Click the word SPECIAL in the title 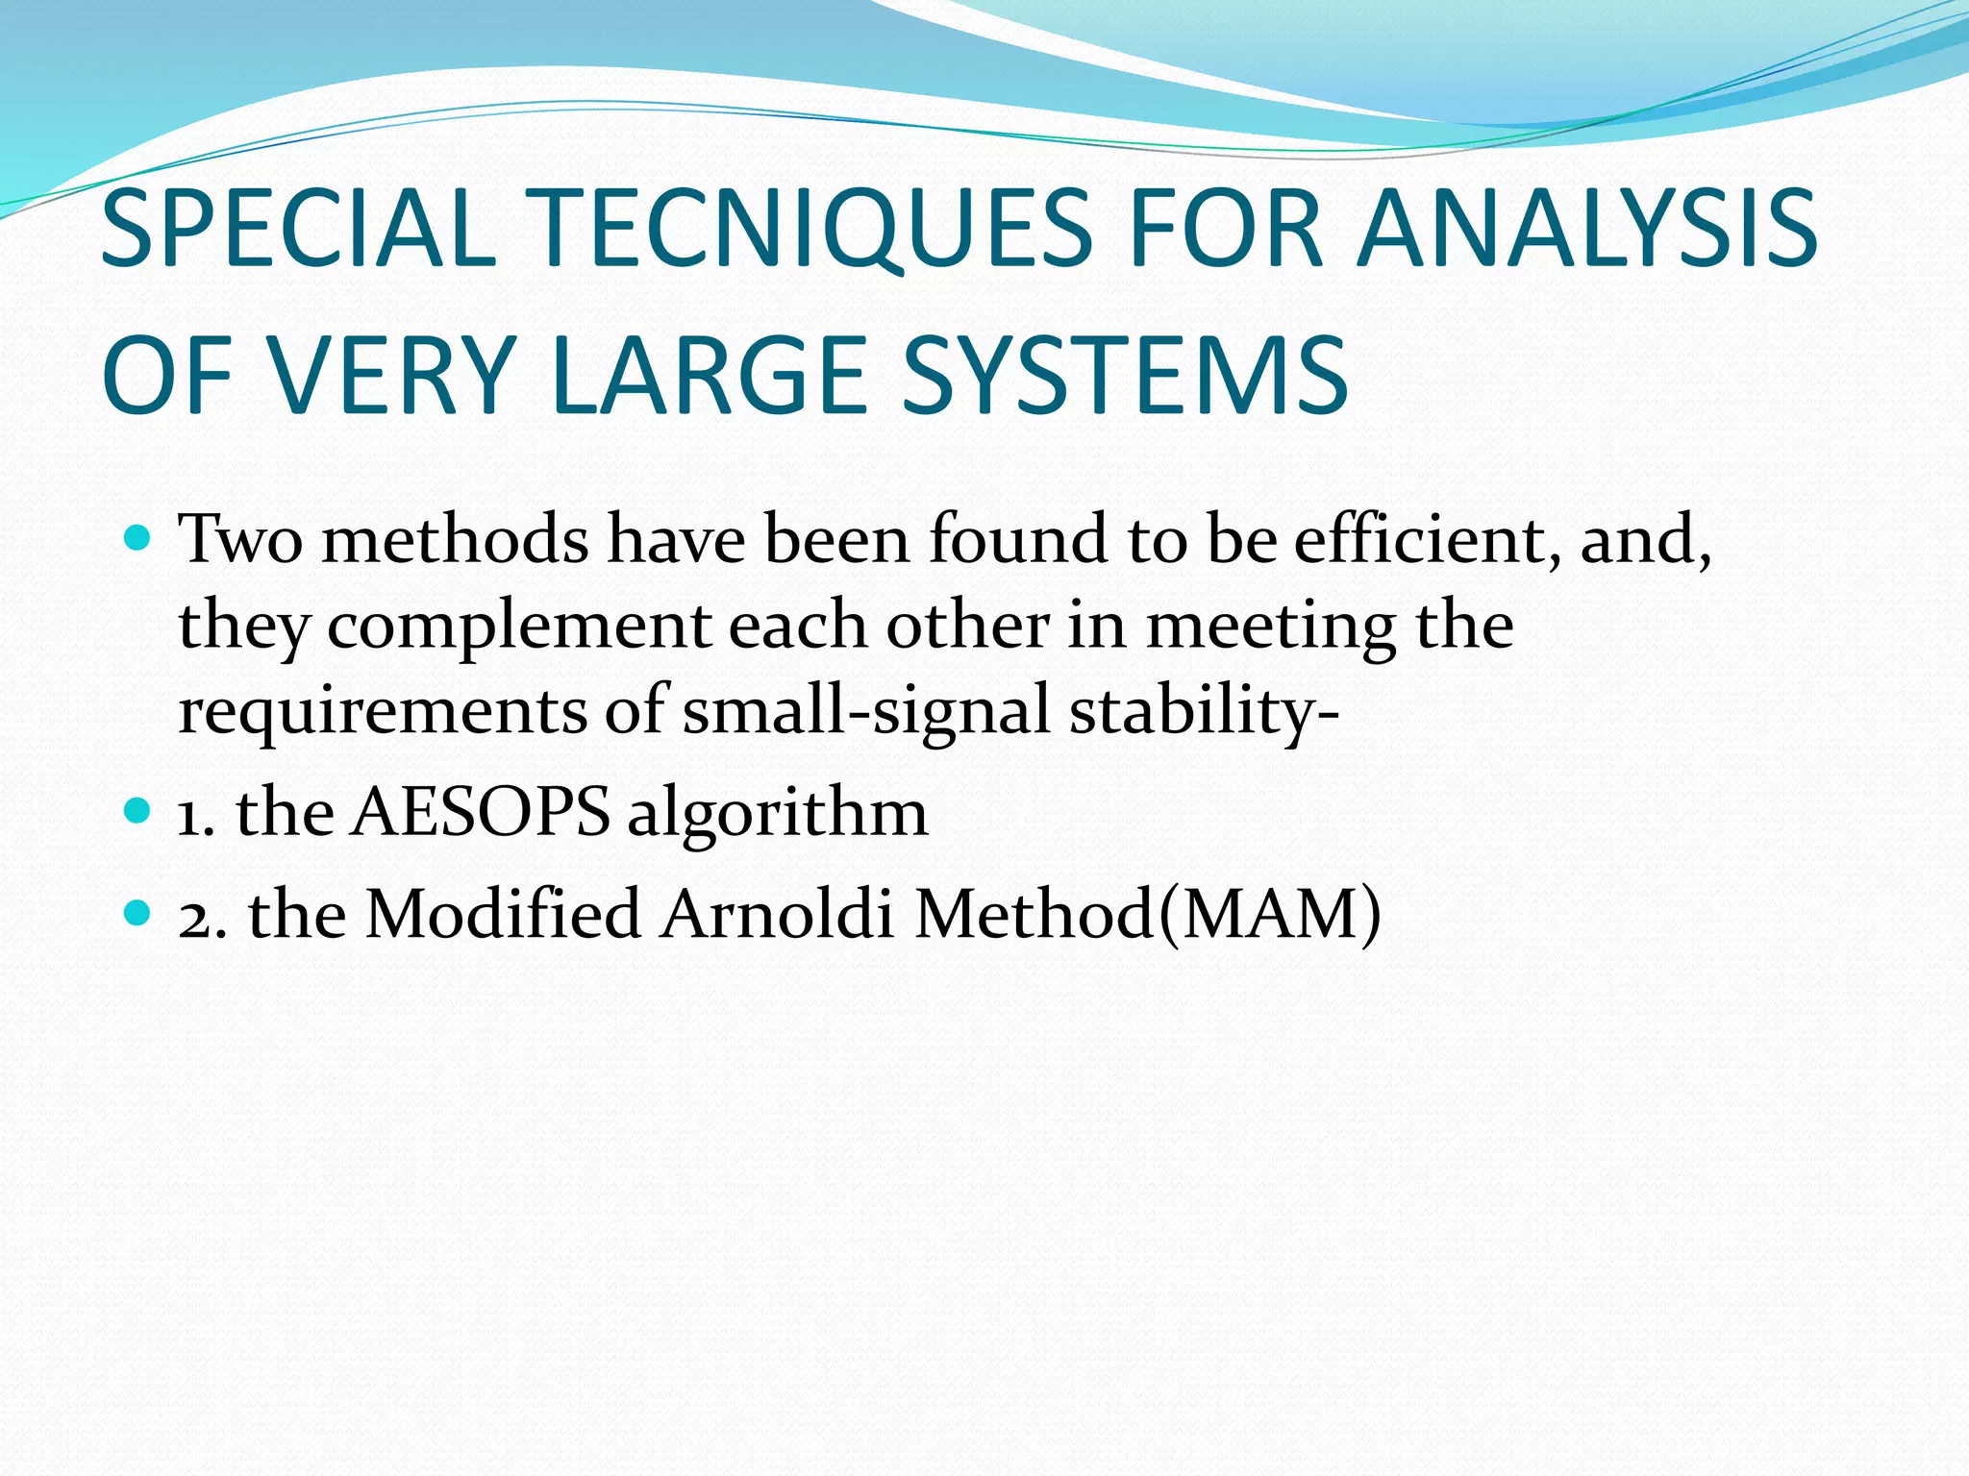coord(298,229)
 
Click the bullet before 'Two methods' coord(138,538)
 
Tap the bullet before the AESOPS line coord(138,811)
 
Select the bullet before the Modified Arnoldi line coord(138,912)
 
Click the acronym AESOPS coord(481,812)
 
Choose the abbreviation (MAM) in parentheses coord(1270,913)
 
